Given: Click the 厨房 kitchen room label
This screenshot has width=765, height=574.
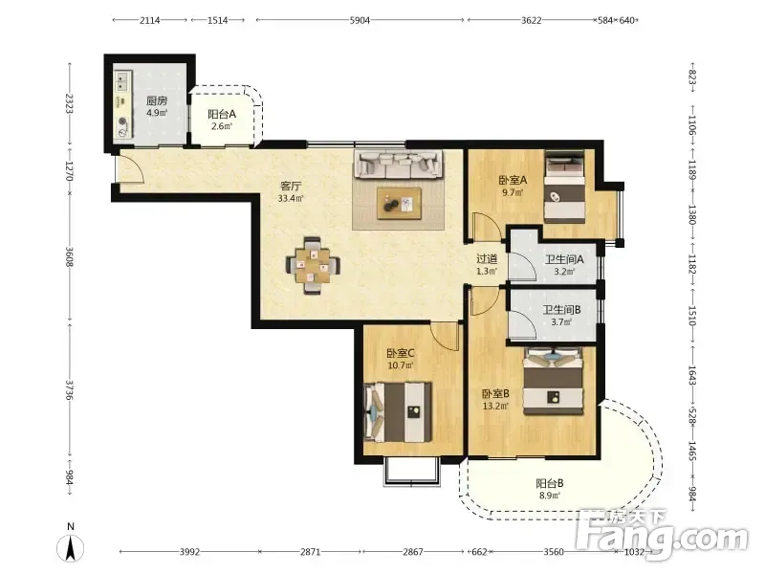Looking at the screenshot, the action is coord(157,101).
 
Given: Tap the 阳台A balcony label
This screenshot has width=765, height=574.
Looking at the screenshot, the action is coord(222,114).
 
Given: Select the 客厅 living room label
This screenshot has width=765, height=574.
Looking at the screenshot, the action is coord(291,186).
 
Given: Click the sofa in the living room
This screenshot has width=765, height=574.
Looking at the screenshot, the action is coord(399,164).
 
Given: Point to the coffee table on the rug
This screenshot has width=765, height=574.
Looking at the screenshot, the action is coord(399,204).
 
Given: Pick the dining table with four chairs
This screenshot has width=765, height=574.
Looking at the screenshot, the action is coord(313,265).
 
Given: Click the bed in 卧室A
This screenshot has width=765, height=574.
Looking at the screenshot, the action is coord(564,187).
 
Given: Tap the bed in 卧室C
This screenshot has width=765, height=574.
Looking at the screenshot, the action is coord(398,412).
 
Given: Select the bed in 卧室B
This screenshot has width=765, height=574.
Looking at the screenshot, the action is coord(554,381).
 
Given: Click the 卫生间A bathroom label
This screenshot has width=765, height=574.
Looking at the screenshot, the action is coord(564,259).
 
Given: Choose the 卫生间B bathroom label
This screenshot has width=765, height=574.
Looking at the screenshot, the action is coord(561,310).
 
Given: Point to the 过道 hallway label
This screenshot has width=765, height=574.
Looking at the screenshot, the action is coord(487,259).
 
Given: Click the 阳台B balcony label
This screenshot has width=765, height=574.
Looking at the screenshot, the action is coord(549,483).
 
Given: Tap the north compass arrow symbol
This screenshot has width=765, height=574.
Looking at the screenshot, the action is coord(71,547).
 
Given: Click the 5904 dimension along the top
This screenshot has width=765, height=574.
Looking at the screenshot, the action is coord(360,20).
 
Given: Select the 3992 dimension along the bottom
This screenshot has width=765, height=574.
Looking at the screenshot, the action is coord(189,552).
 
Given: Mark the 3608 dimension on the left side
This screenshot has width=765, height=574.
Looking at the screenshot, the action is coord(69,256).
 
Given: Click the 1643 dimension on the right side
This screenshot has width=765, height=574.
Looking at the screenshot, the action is coord(691,376).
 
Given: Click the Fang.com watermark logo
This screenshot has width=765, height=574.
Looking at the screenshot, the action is coord(662,535).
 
